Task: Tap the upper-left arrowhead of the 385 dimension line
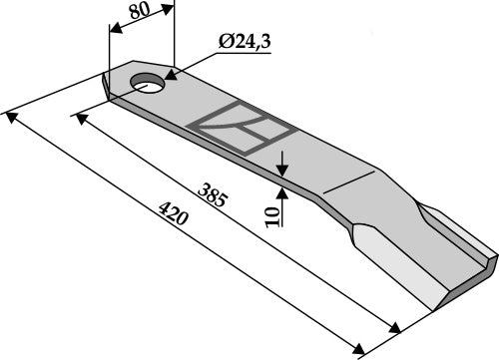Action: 77,117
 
